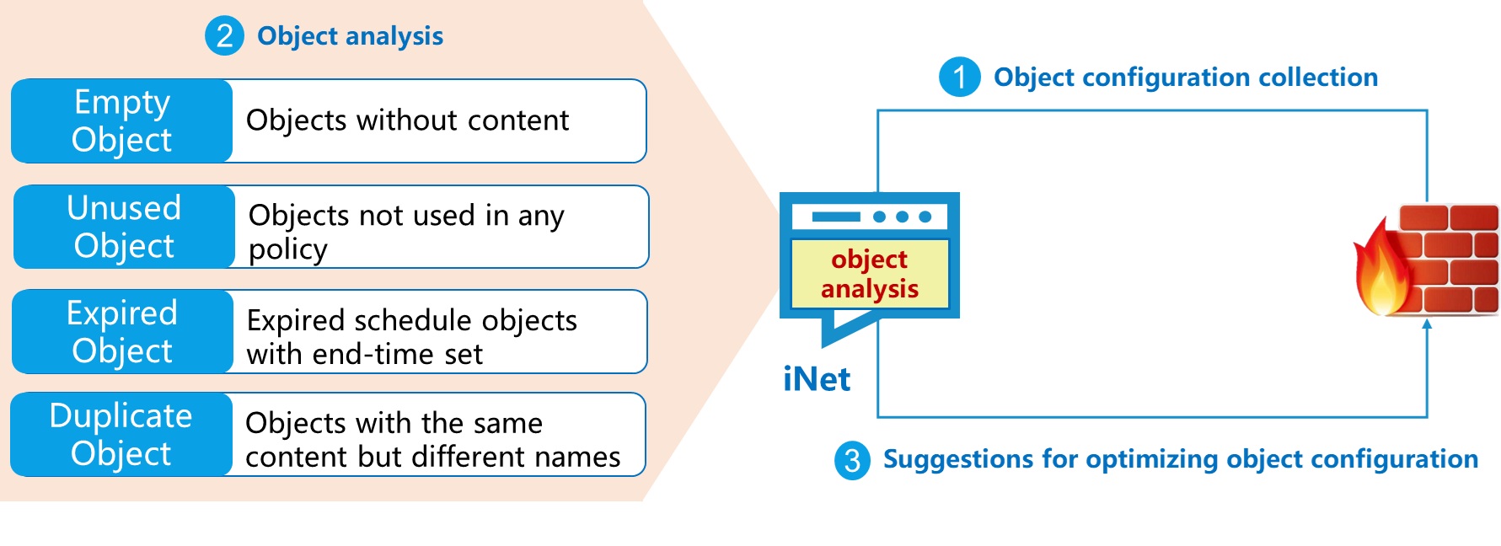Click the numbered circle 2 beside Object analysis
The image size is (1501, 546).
coord(224,36)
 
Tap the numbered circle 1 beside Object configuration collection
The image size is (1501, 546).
coord(959,78)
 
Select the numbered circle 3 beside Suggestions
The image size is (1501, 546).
coord(852,460)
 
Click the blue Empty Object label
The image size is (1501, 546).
coord(122,120)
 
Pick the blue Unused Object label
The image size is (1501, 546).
coord(124,227)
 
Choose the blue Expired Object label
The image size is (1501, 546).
coord(122,331)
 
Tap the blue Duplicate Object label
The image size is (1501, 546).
coord(121,435)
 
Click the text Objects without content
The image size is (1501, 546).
coord(407,120)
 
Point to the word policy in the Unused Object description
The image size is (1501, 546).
coord(287,249)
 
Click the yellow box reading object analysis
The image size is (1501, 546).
coord(870,274)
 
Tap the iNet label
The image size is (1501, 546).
coord(816,379)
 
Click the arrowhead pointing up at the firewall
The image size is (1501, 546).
coord(1427,324)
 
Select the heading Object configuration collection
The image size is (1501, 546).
coord(1185,78)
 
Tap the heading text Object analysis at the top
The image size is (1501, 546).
coord(350,36)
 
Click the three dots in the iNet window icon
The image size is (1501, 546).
coord(902,217)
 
